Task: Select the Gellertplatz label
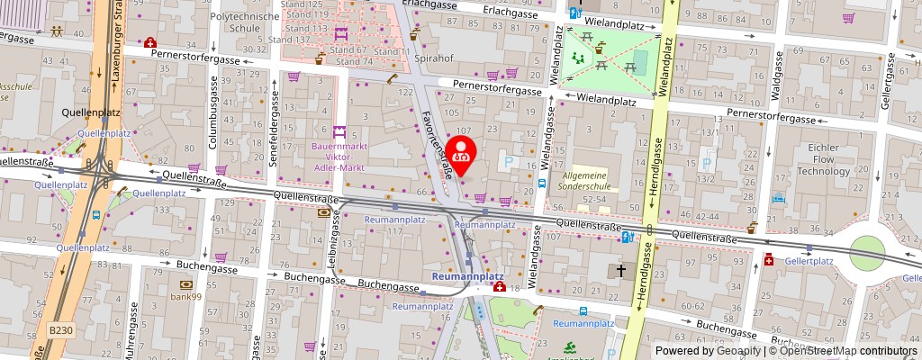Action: (808, 261)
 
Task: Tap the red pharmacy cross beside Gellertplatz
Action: (769, 260)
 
